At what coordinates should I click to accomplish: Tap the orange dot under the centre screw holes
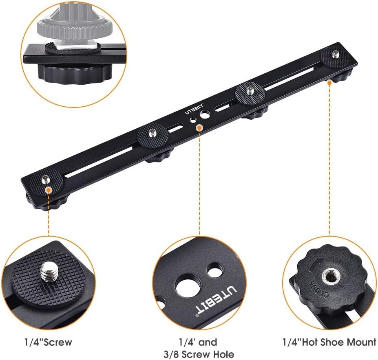tap(199, 128)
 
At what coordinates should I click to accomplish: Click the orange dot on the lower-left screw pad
tap(49, 190)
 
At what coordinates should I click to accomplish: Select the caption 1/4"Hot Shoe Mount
tap(329, 342)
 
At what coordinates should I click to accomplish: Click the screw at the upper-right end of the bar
tap(336, 54)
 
